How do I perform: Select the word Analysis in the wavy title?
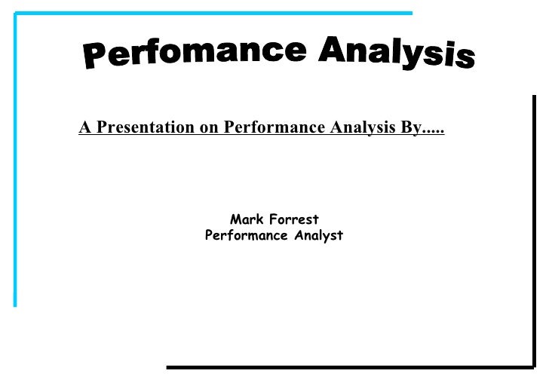397,54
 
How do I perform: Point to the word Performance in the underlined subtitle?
274,127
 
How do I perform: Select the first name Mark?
246,220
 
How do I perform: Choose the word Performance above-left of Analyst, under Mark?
240,236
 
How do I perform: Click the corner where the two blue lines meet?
16,14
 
